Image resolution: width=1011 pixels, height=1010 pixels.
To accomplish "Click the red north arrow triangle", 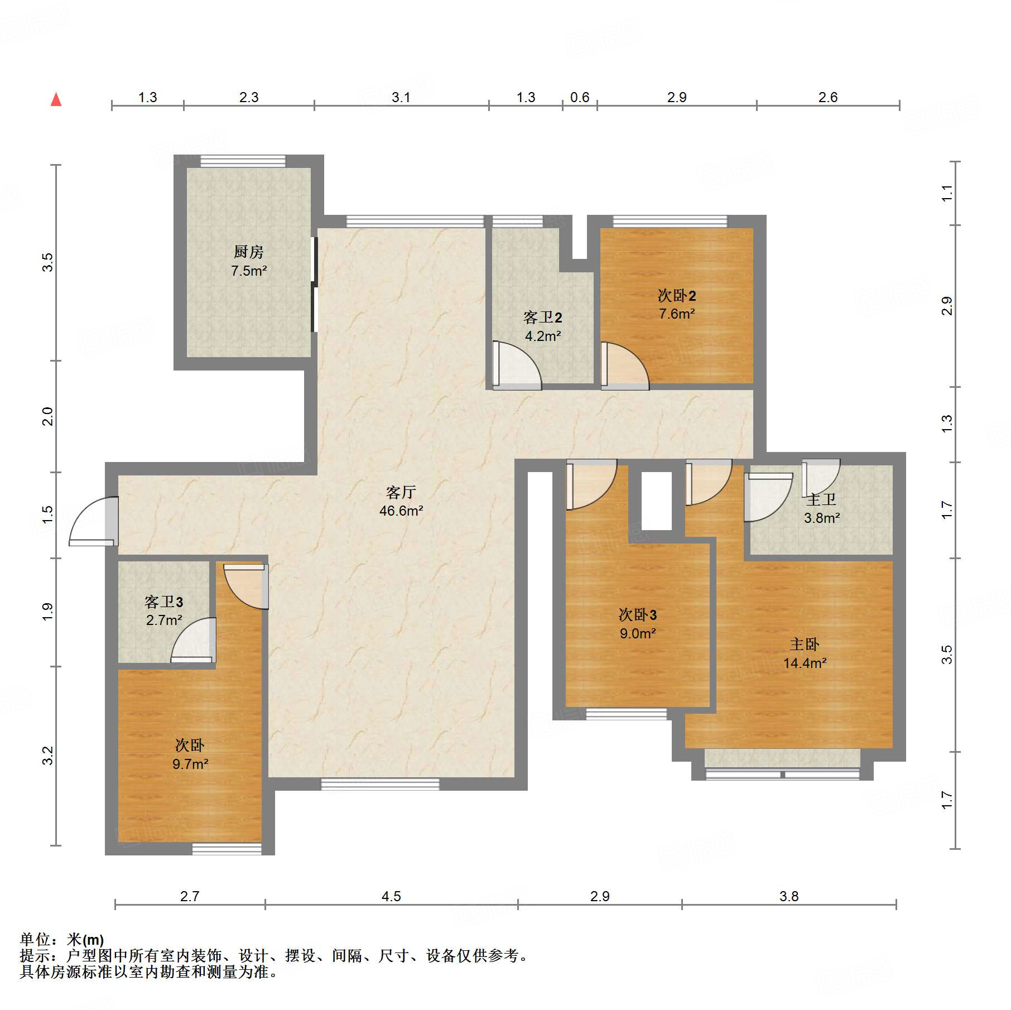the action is click(56, 99).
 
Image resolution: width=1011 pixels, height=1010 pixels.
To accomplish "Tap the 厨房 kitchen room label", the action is click(248, 252).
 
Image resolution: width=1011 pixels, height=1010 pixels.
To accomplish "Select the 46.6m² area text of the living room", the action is click(401, 511).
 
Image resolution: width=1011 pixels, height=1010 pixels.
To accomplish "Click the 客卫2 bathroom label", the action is click(542, 318).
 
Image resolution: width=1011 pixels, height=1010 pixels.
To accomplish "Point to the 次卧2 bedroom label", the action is click(677, 295).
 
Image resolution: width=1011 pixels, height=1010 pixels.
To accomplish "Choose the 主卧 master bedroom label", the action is click(805, 645).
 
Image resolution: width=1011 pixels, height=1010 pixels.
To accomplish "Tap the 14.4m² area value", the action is click(805, 663).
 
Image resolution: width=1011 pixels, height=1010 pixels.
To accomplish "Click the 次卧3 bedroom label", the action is click(638, 615).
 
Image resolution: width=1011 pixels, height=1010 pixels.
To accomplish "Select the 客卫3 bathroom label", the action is click(163, 602).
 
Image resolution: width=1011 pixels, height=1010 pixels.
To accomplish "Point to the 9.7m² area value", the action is click(190, 764).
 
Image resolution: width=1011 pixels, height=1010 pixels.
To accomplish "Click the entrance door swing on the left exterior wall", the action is click(94, 521).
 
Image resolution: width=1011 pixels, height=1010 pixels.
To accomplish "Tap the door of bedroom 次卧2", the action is click(624, 365).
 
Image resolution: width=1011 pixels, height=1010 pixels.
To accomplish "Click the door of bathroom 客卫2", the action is click(517, 365).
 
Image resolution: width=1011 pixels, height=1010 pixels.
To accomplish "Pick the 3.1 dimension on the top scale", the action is click(401, 98).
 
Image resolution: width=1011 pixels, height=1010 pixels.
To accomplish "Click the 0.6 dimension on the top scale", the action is click(580, 98).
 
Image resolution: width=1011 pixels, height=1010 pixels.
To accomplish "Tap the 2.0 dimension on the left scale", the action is click(48, 416).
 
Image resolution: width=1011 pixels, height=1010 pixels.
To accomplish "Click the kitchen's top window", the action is click(243, 161).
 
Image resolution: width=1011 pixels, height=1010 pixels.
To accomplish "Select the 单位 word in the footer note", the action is click(35, 940).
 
